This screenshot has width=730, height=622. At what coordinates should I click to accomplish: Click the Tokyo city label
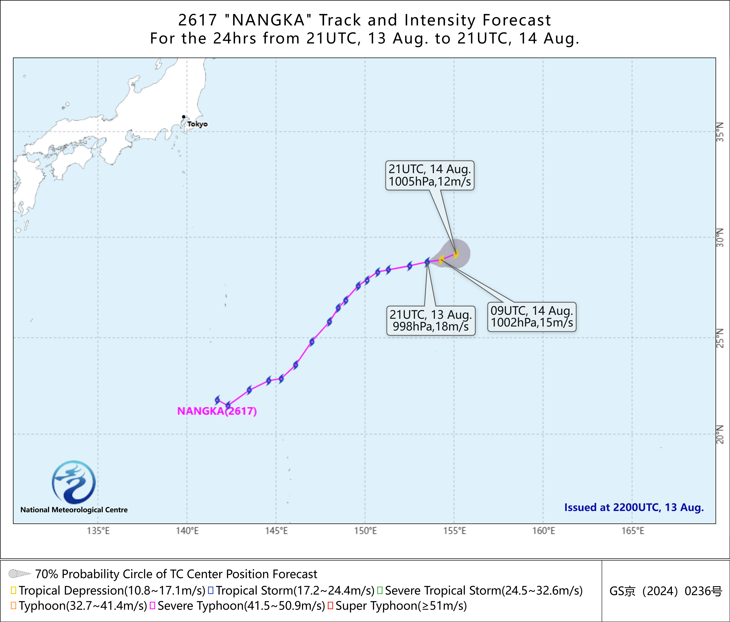[197, 124]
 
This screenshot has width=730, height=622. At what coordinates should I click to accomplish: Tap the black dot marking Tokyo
[183, 117]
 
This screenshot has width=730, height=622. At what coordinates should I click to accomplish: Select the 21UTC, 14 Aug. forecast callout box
[430, 175]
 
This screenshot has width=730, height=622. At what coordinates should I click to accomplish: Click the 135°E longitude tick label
[98, 531]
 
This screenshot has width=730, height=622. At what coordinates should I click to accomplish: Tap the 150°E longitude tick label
[365, 531]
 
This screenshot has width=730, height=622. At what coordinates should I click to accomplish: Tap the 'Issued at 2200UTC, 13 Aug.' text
[634, 507]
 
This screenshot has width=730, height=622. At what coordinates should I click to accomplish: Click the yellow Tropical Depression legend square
[13, 590]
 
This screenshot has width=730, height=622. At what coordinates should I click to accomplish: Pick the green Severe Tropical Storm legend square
[380, 590]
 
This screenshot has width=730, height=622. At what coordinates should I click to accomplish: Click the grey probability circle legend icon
[19, 574]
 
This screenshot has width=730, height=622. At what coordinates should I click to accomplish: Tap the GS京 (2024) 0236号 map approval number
[666, 591]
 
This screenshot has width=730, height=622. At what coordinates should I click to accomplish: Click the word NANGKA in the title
[268, 20]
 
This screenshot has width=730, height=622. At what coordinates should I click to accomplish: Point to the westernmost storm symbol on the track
[217, 400]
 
